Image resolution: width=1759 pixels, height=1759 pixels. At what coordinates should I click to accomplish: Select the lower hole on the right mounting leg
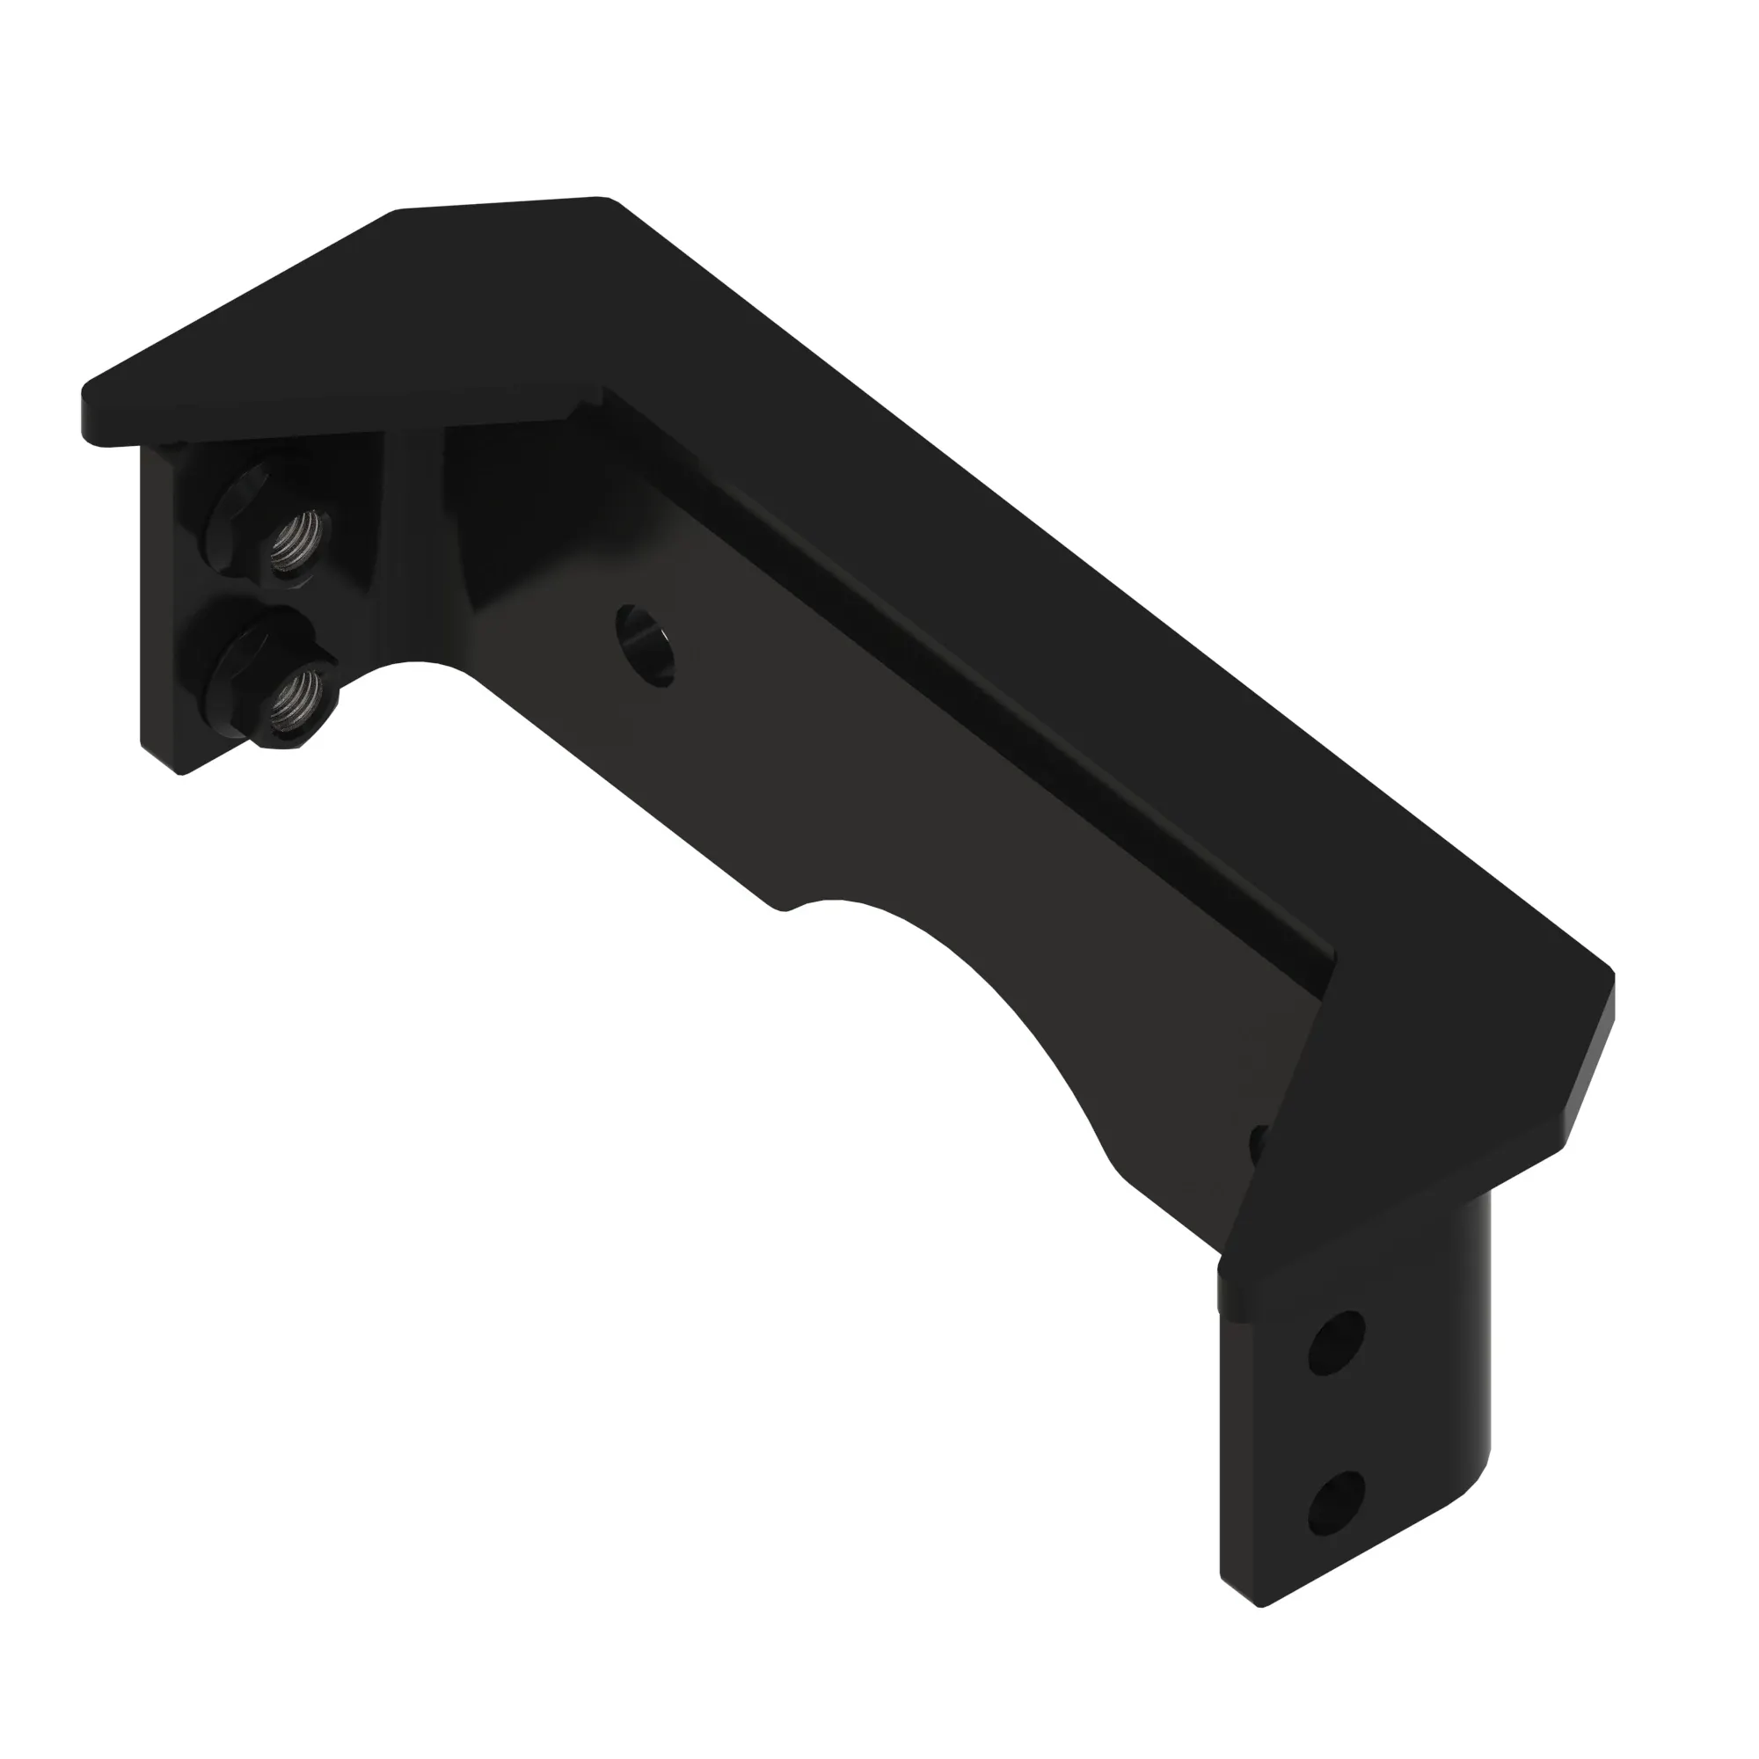tap(1336, 1505)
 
